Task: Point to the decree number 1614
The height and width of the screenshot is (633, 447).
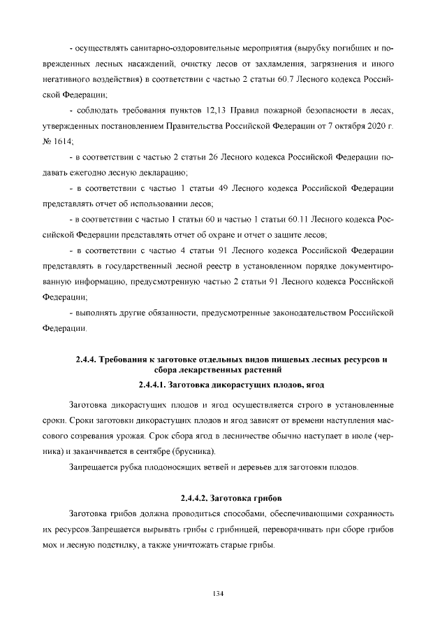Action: (x=71, y=142)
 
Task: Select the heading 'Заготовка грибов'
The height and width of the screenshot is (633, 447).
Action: (x=247, y=498)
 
